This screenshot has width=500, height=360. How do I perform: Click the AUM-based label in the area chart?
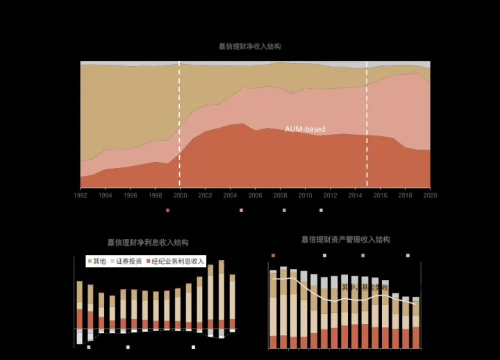pos(305,129)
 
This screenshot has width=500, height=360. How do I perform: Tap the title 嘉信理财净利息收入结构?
pos(147,243)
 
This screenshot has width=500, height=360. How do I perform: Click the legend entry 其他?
pos(97,261)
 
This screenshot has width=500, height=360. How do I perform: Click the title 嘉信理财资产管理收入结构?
pos(345,240)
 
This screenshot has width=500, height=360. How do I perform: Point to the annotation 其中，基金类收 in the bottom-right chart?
pos(365,286)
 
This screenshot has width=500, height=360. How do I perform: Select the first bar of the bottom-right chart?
pos(273,309)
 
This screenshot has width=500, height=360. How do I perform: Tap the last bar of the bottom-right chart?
pos(416,323)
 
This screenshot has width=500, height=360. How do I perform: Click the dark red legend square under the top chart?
pos(168,209)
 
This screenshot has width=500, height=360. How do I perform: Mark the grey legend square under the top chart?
pos(321,209)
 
